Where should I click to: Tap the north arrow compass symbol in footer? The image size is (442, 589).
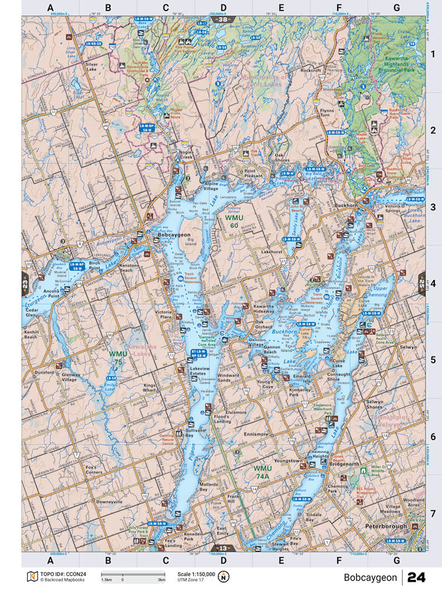pyautogui.click(x=224, y=576)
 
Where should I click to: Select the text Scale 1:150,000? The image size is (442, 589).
pyautogui.click(x=196, y=573)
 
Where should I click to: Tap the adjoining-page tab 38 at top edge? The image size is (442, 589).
pyautogui.click(x=223, y=20)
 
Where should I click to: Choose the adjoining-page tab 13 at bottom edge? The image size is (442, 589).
pyautogui.click(x=223, y=548)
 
